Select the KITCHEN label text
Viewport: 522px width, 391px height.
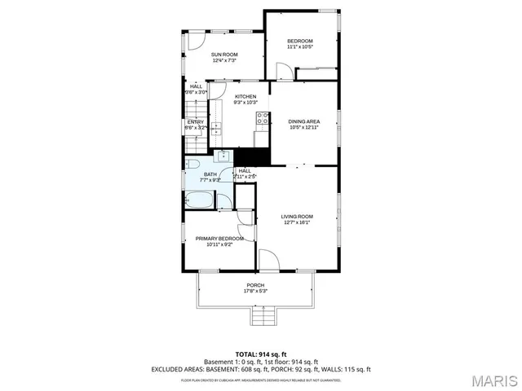click(x=246, y=98)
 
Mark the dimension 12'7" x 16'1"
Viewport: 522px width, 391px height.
click(x=297, y=222)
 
